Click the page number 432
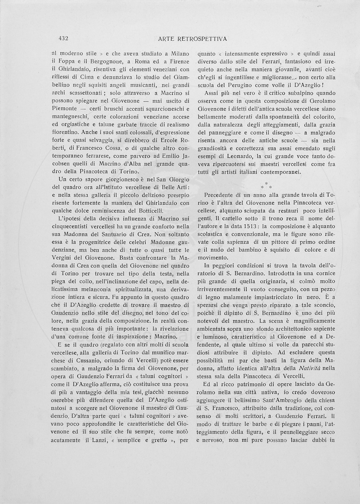pos(64,39)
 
